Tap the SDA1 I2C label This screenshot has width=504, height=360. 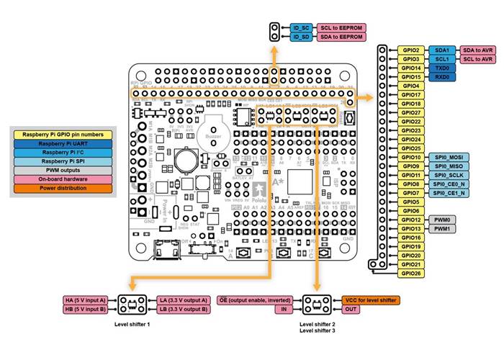pos(442,50)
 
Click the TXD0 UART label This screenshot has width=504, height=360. pos(442,68)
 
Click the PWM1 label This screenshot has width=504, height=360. pos(442,228)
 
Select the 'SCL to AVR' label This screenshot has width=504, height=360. pos(477,59)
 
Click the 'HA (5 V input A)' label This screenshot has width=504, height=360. pos(84,300)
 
